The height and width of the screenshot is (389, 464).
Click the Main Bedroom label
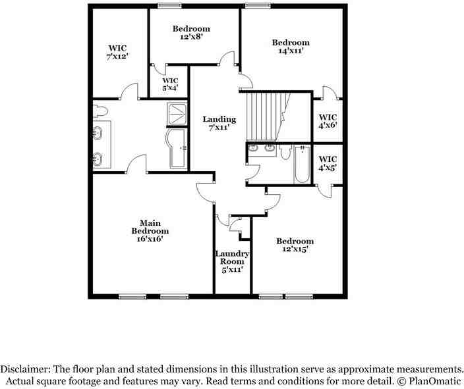[x=150, y=231]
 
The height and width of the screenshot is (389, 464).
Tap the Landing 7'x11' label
[x=219, y=123]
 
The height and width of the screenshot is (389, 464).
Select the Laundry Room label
[x=232, y=261]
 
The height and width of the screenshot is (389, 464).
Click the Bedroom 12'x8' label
[x=191, y=33]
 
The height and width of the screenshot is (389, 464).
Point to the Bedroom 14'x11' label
[x=291, y=46]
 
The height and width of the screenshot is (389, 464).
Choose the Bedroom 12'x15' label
[x=295, y=245]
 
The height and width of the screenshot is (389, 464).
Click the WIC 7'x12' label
[x=117, y=52]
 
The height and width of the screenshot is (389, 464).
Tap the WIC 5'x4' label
[x=170, y=84]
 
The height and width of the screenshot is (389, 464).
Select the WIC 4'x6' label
[x=328, y=121]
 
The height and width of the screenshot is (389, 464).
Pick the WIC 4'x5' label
[x=328, y=163]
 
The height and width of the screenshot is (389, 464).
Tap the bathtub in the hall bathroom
[x=302, y=165]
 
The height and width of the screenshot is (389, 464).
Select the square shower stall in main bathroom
[x=177, y=114]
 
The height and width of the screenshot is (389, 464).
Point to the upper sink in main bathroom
[x=98, y=134]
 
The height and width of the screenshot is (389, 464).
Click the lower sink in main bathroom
[x=98, y=158]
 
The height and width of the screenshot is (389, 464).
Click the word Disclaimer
[x=27, y=369]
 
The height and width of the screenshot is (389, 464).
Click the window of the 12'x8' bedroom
[x=170, y=6]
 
